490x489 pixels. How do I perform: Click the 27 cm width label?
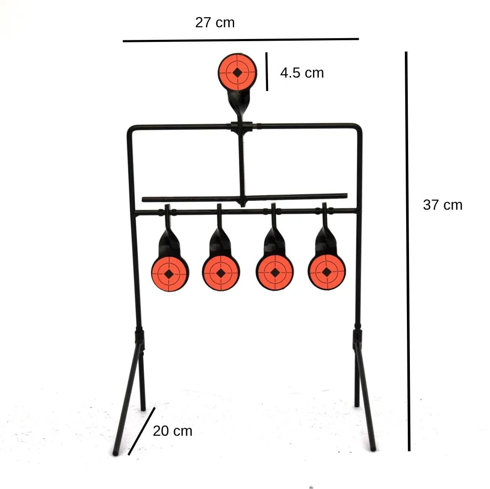click(x=215, y=23)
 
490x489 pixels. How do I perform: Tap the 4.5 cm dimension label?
click(x=302, y=73)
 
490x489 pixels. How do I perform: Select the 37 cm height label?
click(x=443, y=205)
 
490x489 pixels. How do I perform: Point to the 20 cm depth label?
click(x=172, y=431)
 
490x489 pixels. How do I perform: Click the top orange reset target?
click(x=237, y=72)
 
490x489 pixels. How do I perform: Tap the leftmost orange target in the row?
click(x=169, y=274)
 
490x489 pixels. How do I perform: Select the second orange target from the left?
click(x=221, y=273)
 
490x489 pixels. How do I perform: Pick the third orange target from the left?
click(x=275, y=273)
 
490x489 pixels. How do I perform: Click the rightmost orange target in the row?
click(x=326, y=272)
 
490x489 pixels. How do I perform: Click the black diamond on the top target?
click(x=237, y=73)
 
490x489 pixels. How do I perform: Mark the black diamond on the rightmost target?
click(x=326, y=272)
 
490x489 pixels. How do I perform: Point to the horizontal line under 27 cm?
click(x=241, y=40)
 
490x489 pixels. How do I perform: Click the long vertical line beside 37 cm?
click(x=407, y=251)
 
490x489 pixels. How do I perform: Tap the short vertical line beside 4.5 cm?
click(x=266, y=72)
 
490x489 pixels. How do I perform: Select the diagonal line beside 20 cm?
click(x=141, y=431)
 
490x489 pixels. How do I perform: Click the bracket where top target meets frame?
click(x=242, y=127)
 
